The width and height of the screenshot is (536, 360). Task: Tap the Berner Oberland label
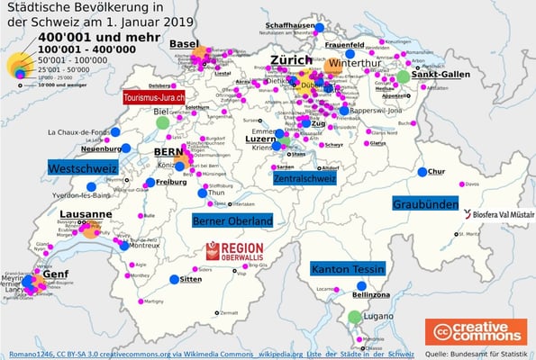(232, 220)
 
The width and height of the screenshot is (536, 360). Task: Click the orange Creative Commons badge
(476, 332)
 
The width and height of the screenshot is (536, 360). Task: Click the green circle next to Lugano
(355, 317)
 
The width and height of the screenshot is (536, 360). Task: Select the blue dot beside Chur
(421, 172)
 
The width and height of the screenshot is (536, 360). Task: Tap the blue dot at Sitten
(173, 280)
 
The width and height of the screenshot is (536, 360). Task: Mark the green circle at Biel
(162, 122)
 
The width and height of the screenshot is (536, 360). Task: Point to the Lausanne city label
(86, 214)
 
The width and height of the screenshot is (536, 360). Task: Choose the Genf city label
(56, 274)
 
